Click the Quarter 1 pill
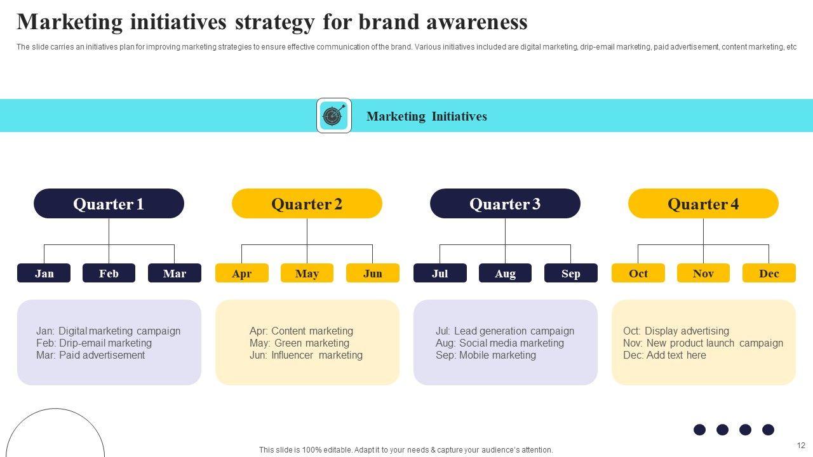109,204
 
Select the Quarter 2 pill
307,204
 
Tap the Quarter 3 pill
505,204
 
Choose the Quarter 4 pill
703,204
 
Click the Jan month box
44,273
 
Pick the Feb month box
109,273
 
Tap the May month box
307,273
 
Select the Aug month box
505,273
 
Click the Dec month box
769,273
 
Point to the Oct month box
638,273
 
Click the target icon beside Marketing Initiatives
334,116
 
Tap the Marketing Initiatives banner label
427,116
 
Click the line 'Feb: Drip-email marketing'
94,343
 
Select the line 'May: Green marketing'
299,343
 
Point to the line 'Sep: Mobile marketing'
486,355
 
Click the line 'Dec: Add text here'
664,355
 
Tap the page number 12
801,446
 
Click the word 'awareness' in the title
477,22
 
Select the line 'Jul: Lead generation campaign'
505,331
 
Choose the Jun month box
373,273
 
